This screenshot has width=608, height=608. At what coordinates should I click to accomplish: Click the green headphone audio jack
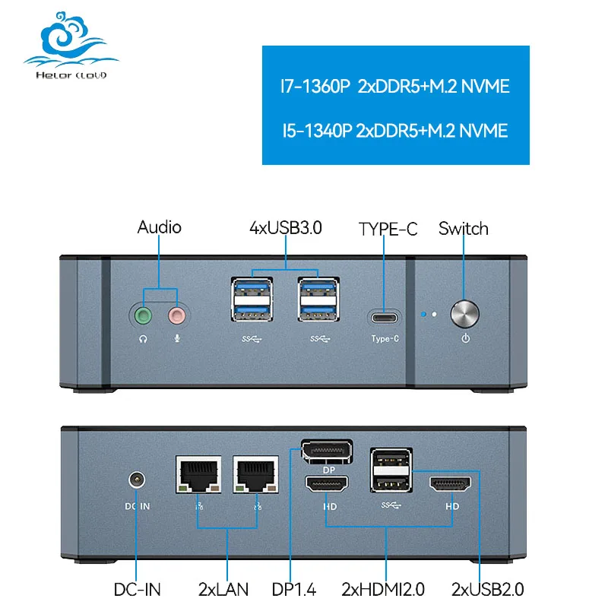tap(142, 315)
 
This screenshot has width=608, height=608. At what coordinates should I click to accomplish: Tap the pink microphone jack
tap(177, 315)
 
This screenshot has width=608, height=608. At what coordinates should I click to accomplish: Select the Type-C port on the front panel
tap(385, 316)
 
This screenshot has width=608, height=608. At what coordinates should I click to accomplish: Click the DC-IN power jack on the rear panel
tap(137, 480)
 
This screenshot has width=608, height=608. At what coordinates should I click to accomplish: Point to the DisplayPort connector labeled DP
tap(327, 453)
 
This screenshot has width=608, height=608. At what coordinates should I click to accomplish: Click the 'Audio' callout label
tap(159, 227)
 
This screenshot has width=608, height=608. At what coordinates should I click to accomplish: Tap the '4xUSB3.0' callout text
tap(286, 227)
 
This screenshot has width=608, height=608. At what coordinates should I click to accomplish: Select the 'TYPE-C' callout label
tap(388, 229)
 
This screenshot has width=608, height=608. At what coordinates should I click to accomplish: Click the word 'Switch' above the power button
tap(464, 229)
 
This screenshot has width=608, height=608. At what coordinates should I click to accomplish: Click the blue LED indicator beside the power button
tap(423, 313)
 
